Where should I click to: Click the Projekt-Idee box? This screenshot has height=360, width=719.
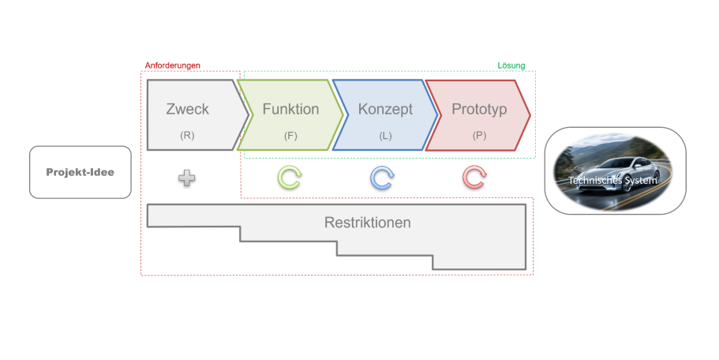pos(80,171)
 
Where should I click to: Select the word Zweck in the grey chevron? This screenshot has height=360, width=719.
pos(187,110)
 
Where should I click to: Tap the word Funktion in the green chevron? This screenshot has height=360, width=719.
pos(290,110)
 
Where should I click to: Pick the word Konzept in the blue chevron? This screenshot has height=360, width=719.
pos(385,110)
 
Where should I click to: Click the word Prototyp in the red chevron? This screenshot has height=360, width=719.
pos(479,110)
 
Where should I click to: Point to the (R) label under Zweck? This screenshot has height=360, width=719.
pos(187,135)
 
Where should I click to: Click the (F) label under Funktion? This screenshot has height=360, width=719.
pos(290,135)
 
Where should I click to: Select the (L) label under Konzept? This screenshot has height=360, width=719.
pos(385,135)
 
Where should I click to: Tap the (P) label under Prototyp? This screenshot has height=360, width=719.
pos(479,135)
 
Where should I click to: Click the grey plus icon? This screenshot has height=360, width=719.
pos(187,178)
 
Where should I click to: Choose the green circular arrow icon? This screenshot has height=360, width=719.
pos(290,178)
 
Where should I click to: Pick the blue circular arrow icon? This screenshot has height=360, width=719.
pos(382,178)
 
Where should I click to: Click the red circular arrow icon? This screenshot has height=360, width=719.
pos(474,178)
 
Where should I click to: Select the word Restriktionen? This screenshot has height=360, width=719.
pos(367,223)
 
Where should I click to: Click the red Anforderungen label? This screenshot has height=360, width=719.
pos(173,66)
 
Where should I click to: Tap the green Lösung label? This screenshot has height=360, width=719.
pos(511,66)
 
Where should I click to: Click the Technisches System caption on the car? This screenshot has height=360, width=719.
pos(614,180)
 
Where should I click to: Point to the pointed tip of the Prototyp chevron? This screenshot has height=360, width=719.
pos(530,115)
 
